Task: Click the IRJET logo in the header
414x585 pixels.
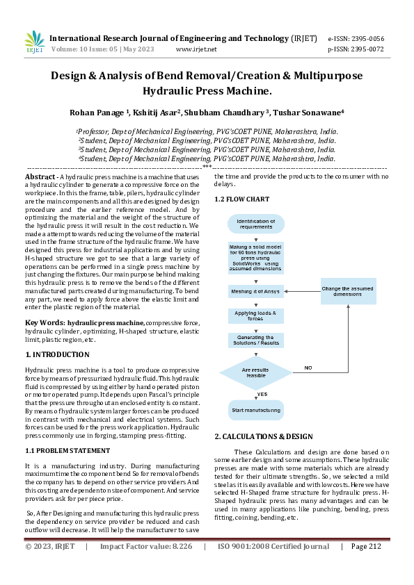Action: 34,42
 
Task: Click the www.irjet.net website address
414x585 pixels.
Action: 196,49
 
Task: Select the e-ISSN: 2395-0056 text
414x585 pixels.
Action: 355,39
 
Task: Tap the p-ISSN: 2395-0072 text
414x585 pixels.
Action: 355,49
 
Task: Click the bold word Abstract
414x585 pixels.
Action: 41,177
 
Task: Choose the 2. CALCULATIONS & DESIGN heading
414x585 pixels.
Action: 264,436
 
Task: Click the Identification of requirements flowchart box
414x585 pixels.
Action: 256,224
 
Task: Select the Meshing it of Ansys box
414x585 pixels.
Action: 256,292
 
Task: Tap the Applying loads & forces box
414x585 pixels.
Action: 256,315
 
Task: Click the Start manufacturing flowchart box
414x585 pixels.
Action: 256,410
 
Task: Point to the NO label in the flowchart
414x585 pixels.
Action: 308,367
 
